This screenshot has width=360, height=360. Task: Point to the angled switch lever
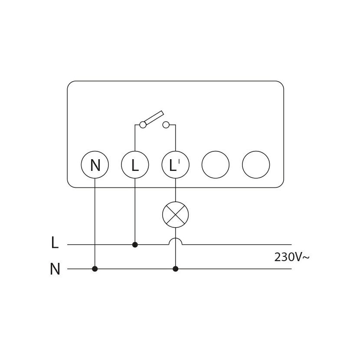coord(154,118)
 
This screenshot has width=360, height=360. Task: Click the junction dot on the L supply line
coord(135,245)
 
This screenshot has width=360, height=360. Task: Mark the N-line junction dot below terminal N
coord(95,269)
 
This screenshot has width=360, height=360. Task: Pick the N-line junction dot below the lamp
coord(175,269)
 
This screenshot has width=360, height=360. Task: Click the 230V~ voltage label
coord(292,257)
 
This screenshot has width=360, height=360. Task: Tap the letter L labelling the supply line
coord(55,242)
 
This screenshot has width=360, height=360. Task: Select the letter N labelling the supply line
coord(55,269)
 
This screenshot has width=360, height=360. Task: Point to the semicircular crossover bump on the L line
coord(175,238)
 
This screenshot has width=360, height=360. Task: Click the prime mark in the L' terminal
coord(179,161)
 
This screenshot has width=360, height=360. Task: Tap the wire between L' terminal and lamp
coord(175,190)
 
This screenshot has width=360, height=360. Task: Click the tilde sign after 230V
coord(306,258)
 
